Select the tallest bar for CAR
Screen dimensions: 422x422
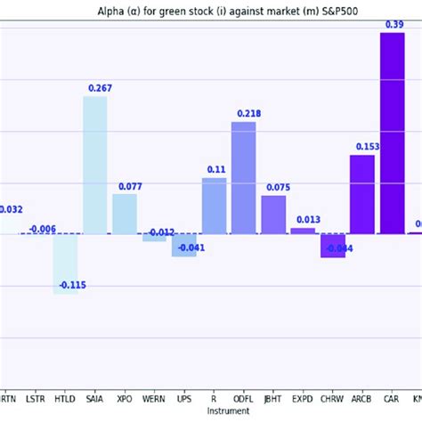392,134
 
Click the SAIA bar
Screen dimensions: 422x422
95,165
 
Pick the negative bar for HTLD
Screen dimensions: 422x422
65,264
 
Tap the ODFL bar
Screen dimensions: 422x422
243,178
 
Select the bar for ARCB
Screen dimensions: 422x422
361,194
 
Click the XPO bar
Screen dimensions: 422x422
125,214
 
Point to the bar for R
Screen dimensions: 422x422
214,206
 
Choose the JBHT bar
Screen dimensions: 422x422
273,215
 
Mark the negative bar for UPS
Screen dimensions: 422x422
184,245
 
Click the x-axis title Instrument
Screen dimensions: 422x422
228,411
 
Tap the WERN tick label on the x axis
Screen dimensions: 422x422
154,401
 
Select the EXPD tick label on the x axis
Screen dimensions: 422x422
303,401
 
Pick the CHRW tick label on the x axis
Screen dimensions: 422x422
332,401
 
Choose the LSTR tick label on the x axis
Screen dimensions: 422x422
36,401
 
